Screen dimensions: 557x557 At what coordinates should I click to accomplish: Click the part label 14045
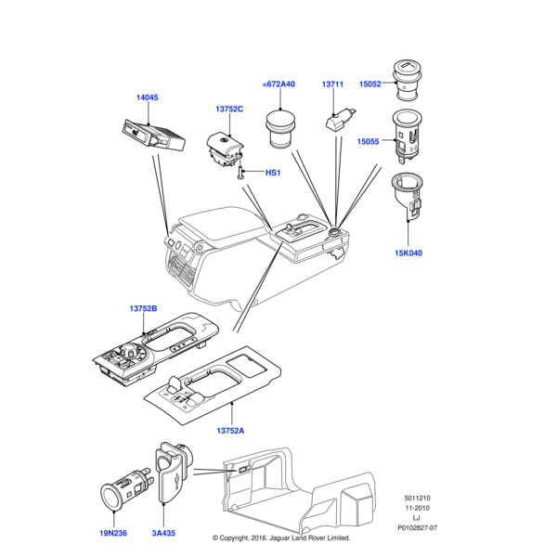(x=148, y=96)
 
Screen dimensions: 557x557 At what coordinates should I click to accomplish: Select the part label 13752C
(x=229, y=110)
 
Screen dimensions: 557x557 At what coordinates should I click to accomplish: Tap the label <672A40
(x=278, y=84)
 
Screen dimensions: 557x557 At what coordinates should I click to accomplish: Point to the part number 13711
(x=333, y=84)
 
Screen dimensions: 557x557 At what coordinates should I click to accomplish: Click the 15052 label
(x=370, y=84)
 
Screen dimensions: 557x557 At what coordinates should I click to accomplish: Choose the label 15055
(x=370, y=141)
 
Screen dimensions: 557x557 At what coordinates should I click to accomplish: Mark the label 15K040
(x=408, y=253)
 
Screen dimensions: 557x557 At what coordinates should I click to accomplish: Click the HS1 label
(x=273, y=173)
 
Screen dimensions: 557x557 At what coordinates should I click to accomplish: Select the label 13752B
(x=143, y=308)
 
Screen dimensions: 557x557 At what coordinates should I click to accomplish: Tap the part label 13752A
(x=230, y=430)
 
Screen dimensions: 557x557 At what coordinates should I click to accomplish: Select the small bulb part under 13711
(x=338, y=121)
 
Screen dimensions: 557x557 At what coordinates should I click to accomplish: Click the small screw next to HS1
(x=241, y=173)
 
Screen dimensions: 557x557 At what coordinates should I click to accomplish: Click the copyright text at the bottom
(x=281, y=538)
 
